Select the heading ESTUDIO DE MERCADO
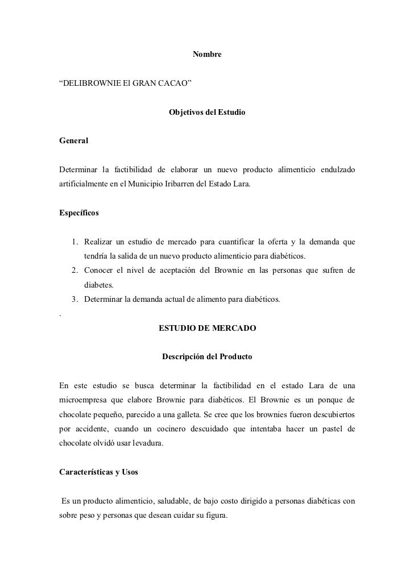(x=206, y=329)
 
